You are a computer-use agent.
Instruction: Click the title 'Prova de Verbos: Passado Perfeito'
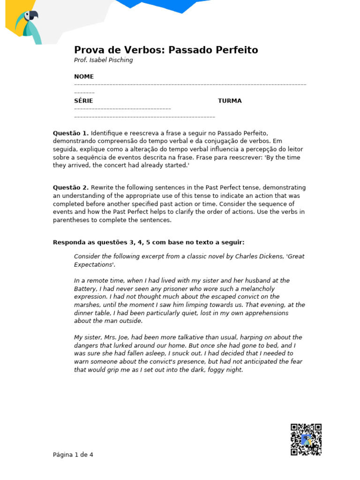(x=166, y=50)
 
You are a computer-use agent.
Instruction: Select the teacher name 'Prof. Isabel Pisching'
(x=103, y=60)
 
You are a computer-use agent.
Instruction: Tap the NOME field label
(x=84, y=76)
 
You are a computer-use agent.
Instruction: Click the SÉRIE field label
(x=83, y=101)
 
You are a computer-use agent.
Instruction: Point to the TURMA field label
(x=230, y=101)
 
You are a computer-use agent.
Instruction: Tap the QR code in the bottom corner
(x=306, y=440)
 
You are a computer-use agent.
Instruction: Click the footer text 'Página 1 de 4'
(x=73, y=455)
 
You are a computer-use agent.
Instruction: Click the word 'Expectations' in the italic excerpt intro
(x=93, y=264)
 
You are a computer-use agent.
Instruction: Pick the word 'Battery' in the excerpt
(x=85, y=289)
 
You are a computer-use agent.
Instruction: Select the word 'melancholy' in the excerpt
(x=257, y=289)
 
